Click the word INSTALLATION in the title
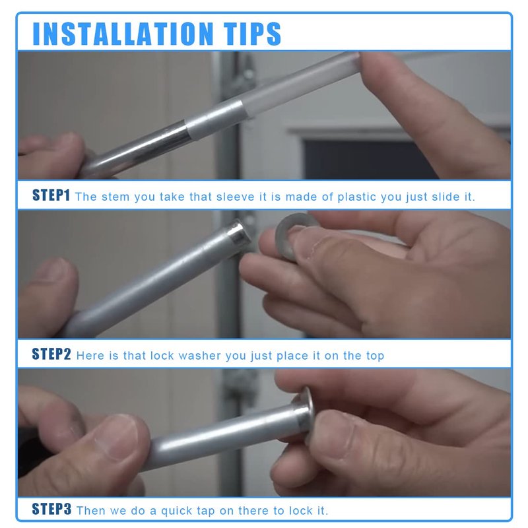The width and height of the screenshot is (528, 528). pyautogui.click(x=123, y=34)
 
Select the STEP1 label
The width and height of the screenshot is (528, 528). pyautogui.click(x=51, y=195)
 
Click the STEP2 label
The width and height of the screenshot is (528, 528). pyautogui.click(x=51, y=354)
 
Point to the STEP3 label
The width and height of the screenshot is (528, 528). pyautogui.click(x=51, y=509)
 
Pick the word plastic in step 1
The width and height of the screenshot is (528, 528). pyautogui.click(x=356, y=197)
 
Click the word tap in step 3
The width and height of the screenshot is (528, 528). pyautogui.click(x=205, y=511)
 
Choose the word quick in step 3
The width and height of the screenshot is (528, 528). pyautogui.click(x=175, y=511)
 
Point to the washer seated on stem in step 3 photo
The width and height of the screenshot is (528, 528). pyautogui.click(x=306, y=414)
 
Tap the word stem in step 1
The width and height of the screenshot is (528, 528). pyautogui.click(x=115, y=197)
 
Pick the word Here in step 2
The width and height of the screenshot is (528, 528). pyautogui.click(x=90, y=356)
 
